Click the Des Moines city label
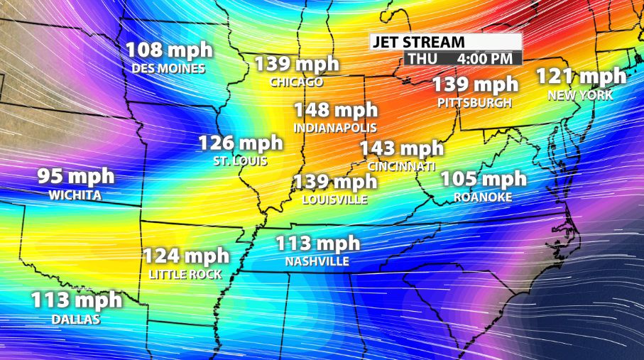pos(168,69)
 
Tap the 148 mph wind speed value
pos(336,111)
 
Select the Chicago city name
pos(296,82)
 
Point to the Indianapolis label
pos(335,128)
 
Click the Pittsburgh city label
pos(475,103)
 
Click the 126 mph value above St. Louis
pos(240,143)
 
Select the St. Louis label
pos(240,161)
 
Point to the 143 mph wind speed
pos(401,148)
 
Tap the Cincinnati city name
pos(401,166)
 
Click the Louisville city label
pos(334,200)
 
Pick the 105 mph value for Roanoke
pos(484,178)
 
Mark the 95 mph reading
pos(75,176)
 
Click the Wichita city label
pos(75,195)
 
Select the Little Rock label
pos(186,274)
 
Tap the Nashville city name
pos(317,262)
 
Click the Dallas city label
pos(76,320)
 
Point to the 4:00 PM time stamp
pos(485,58)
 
